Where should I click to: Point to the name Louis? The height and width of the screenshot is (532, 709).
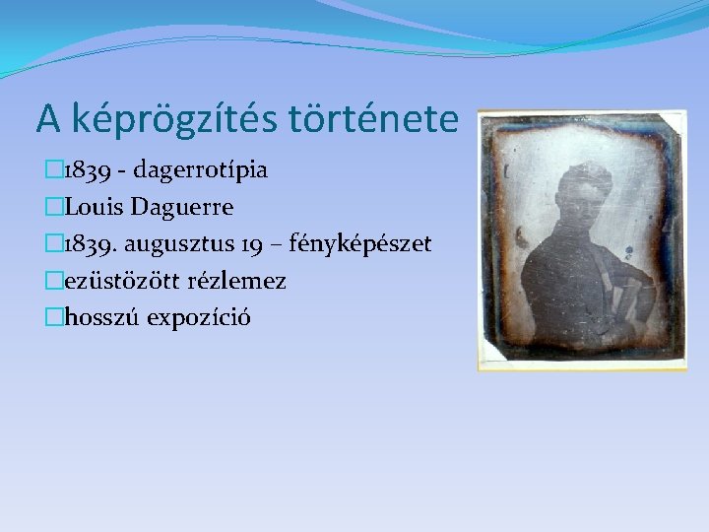point(101,207)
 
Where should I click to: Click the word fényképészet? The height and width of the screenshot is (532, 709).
point(368,244)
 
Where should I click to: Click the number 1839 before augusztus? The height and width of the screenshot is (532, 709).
point(88,244)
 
